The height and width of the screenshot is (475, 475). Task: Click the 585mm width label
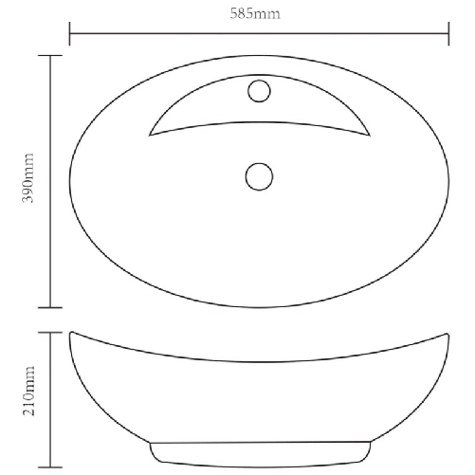(258, 15)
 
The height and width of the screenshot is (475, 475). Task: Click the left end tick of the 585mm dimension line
(71, 36)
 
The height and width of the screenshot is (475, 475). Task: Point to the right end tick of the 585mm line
(448, 36)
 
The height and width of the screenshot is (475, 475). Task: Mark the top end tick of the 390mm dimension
(50, 56)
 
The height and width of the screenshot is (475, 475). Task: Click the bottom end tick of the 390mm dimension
(50, 306)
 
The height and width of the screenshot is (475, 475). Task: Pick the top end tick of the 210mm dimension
(50, 331)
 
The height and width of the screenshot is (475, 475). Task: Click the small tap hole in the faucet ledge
(258, 92)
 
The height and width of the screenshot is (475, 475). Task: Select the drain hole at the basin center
(258, 176)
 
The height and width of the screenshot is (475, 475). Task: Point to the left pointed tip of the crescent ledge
(150, 133)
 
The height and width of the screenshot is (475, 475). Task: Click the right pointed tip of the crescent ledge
(368, 133)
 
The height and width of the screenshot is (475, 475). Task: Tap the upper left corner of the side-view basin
(72, 332)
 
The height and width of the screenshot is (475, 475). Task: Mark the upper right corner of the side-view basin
(447, 332)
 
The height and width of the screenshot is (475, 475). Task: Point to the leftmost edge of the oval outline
(71, 180)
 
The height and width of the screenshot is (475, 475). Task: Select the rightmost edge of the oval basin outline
(448, 180)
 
